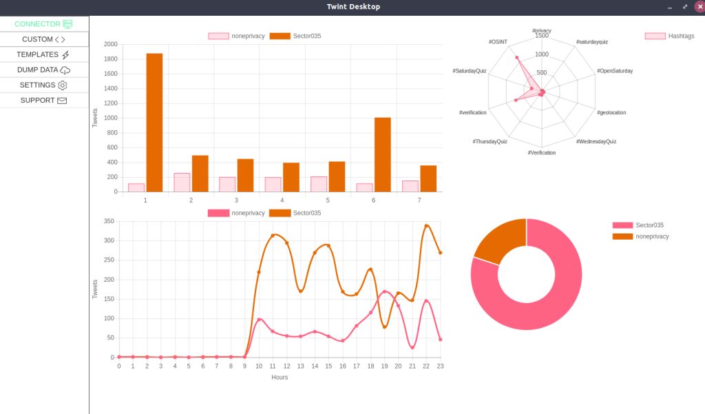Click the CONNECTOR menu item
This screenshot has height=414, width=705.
pyautogui.click(x=44, y=24)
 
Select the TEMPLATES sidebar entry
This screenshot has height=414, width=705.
pyautogui.click(x=44, y=54)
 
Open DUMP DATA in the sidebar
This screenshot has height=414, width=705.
pyautogui.click(x=44, y=70)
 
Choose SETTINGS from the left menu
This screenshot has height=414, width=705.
pyautogui.click(x=44, y=85)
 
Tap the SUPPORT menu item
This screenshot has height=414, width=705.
pyautogui.click(x=44, y=100)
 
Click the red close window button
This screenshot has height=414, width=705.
pyautogui.click(x=699, y=7)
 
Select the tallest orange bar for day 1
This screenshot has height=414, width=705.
pyautogui.click(x=154, y=123)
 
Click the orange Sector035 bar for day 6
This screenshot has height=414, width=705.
pyautogui.click(x=383, y=154)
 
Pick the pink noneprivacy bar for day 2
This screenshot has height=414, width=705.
pyautogui.click(x=182, y=183)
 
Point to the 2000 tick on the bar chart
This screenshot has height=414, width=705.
pyautogui.click(x=111, y=44)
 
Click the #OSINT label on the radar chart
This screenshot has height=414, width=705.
pyautogui.click(x=498, y=42)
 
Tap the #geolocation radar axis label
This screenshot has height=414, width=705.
pyautogui.click(x=611, y=112)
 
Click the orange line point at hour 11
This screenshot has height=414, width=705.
pyautogui.click(x=273, y=236)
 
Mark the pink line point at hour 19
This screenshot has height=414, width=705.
pyautogui.click(x=384, y=291)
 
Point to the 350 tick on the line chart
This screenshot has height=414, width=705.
pyautogui.click(x=108, y=222)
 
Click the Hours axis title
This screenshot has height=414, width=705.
pyautogui.click(x=280, y=377)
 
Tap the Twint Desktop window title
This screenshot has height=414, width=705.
pyautogui.click(x=353, y=7)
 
